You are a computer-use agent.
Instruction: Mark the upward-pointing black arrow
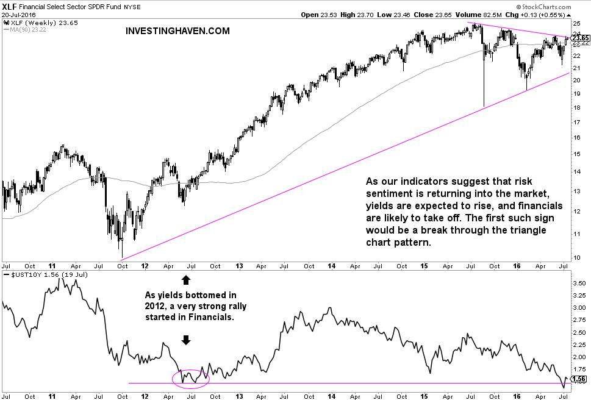(x=185, y=280)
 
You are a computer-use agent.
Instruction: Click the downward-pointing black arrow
(x=185, y=340)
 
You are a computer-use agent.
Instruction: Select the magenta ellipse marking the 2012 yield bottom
(x=191, y=378)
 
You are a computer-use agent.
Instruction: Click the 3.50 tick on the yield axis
(x=578, y=284)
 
